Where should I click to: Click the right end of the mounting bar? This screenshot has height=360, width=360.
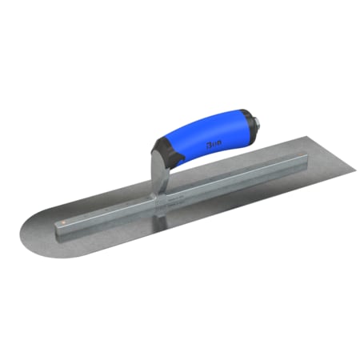click(269, 166)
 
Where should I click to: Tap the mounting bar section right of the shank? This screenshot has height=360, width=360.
click(216, 183)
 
